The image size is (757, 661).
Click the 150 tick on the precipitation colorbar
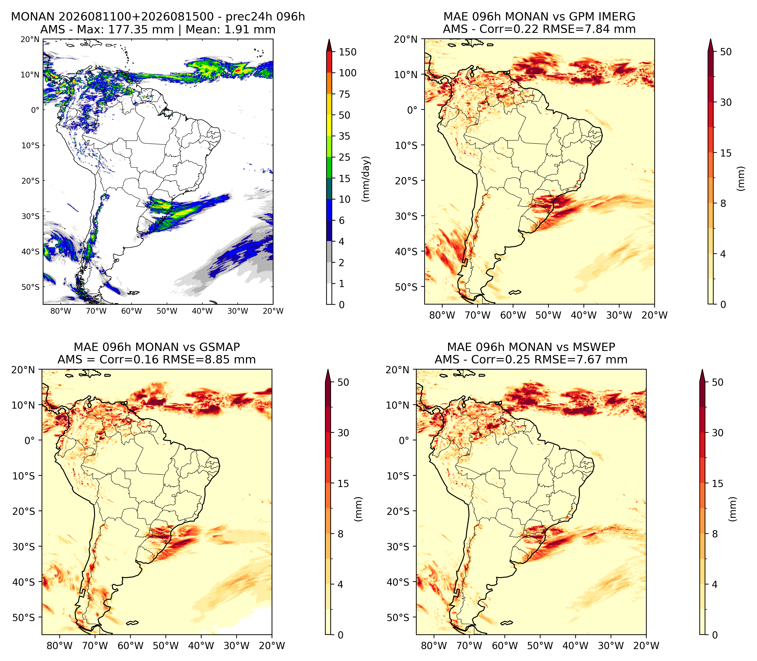click(348, 52)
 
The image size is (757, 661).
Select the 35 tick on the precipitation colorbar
click(344, 136)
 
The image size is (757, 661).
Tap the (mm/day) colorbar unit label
click(366, 179)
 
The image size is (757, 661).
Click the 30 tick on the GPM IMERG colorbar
click(726, 103)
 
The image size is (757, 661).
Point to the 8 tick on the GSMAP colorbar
click(341, 534)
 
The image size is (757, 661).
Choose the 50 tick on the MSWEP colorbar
click(717, 382)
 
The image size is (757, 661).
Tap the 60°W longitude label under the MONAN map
click(132, 311)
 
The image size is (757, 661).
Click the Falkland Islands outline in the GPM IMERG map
click(515, 292)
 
